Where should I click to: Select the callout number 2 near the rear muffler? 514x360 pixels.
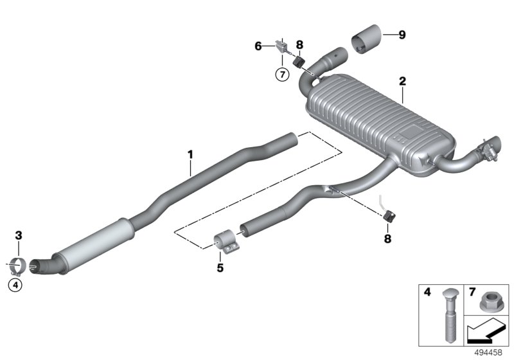(x=402, y=82)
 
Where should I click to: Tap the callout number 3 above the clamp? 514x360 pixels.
(x=19, y=236)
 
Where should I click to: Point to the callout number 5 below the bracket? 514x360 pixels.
(x=220, y=268)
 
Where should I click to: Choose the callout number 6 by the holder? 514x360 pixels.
(x=258, y=46)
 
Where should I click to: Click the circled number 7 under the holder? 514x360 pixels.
(x=280, y=74)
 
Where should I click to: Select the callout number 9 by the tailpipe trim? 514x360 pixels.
(x=402, y=35)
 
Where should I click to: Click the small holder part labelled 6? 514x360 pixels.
(x=281, y=46)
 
